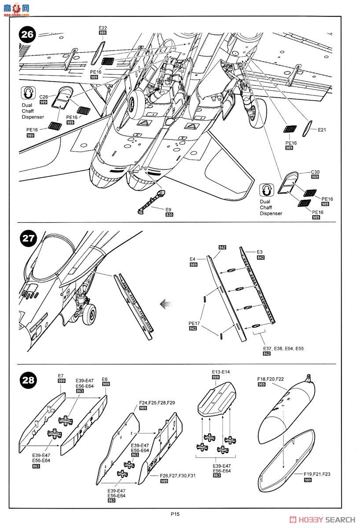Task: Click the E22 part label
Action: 103,28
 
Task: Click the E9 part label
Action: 169,209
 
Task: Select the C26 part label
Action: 44,97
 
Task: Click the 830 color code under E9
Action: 169,215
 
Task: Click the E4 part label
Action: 193,259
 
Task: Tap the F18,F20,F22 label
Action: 269,379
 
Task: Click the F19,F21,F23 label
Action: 316,474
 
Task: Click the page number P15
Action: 176,513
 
